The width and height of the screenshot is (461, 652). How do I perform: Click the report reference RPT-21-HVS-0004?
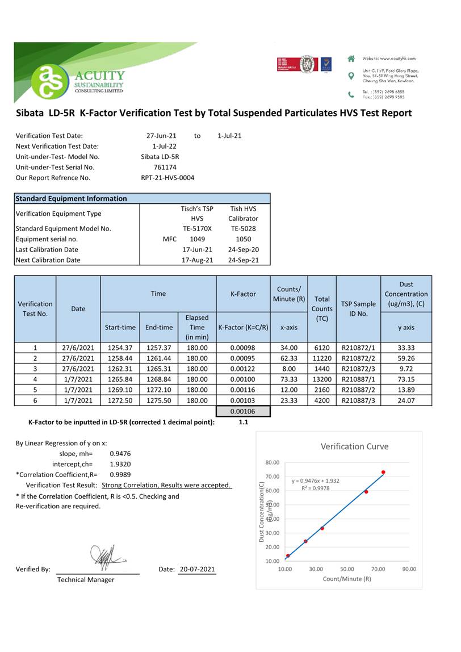tap(167, 178)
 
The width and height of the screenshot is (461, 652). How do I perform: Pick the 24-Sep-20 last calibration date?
tap(243, 249)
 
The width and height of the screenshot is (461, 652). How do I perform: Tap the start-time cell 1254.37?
tap(120, 348)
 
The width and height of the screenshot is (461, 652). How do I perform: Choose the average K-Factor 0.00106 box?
tap(243, 412)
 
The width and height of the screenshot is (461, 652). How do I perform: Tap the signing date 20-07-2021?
tap(197, 569)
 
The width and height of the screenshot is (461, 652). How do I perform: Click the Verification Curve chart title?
tap(354, 446)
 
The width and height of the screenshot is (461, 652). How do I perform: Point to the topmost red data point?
tap(383, 473)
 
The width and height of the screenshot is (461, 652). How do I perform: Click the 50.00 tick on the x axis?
tap(347, 569)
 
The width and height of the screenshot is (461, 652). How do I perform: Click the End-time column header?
tap(158, 327)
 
